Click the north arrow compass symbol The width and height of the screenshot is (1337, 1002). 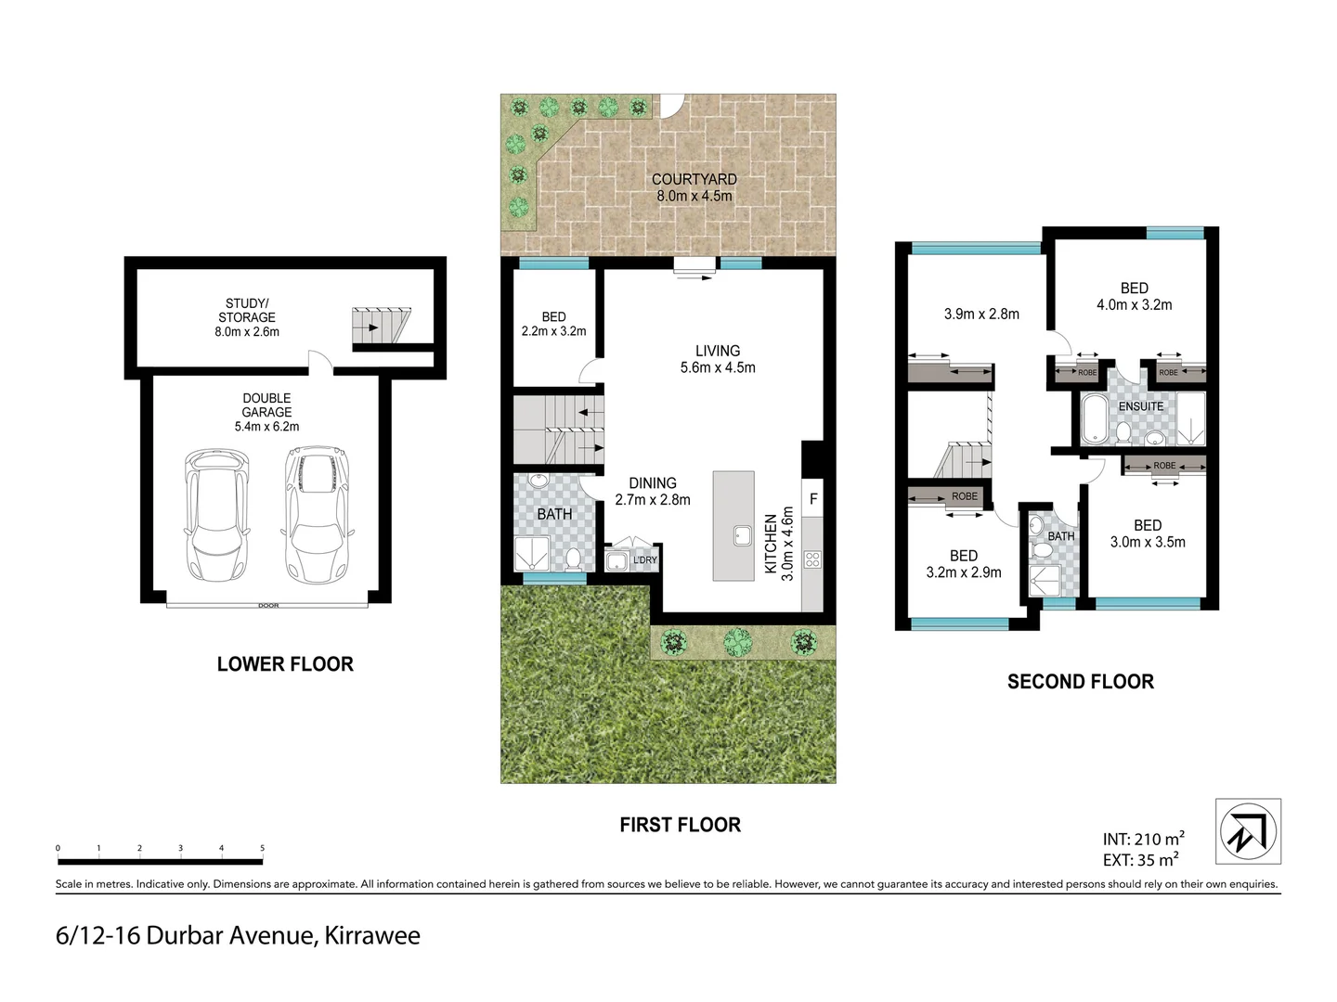(1248, 831)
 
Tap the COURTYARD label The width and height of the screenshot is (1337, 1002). (694, 179)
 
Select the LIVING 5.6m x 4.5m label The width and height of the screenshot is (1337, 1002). (718, 359)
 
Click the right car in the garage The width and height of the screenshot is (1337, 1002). (318, 515)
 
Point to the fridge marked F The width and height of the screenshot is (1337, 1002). (813, 499)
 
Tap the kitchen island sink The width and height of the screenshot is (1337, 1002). (742, 535)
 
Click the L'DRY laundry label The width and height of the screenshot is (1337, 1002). (644, 560)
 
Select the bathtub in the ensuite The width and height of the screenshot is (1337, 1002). (1095, 420)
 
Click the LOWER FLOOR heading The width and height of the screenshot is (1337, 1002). (285, 664)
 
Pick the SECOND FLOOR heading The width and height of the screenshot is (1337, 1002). (1080, 682)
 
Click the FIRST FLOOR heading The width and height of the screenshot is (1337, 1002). (680, 825)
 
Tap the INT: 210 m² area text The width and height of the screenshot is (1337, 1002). (1143, 839)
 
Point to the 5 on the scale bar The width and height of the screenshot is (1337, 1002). (262, 848)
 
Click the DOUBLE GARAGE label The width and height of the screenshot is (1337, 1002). (266, 412)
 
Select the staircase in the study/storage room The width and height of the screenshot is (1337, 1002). (380, 326)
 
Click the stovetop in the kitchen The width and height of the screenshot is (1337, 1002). (812, 559)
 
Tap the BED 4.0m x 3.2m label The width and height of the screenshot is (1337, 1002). (1134, 296)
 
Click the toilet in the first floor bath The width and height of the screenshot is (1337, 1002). (573, 558)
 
